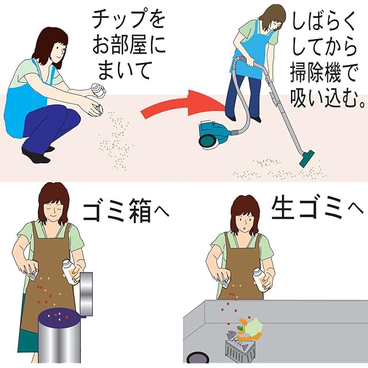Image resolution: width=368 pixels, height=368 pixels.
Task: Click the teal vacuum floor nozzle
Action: point(307,159)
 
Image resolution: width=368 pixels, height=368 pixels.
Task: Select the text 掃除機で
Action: point(324,74)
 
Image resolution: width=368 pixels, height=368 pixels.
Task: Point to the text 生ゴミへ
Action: point(317,208)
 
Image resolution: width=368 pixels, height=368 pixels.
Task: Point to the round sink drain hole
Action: point(197,358)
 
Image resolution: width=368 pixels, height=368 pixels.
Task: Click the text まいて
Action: point(124,70)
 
